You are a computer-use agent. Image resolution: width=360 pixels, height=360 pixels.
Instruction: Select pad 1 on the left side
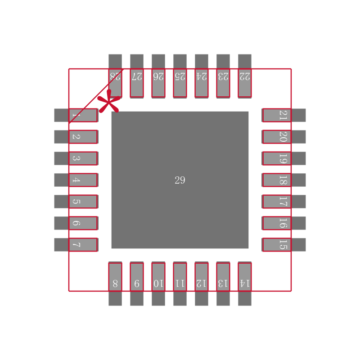pyautogui.click(x=76, y=115)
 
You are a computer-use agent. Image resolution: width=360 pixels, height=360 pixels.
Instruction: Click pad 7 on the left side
pyautogui.click(x=76, y=245)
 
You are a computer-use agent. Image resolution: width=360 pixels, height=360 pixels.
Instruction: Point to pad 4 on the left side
pyautogui.click(x=76, y=180)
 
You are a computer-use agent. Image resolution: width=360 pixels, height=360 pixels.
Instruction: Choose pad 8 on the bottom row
pyautogui.click(x=115, y=283)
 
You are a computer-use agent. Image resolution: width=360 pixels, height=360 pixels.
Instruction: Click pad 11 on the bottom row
pyautogui.click(x=180, y=283)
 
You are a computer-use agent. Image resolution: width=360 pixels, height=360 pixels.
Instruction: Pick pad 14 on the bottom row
pyautogui.click(x=245, y=283)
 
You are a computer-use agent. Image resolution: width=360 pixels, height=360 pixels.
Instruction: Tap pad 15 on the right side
pyautogui.click(x=284, y=245)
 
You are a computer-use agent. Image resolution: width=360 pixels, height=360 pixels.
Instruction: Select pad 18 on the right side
pyautogui.click(x=284, y=180)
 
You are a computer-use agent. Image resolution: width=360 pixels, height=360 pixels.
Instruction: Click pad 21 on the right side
pyautogui.click(x=284, y=115)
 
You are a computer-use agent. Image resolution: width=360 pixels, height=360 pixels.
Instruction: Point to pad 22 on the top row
pyautogui.click(x=245, y=76)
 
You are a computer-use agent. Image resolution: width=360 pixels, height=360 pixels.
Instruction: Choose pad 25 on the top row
pyautogui.click(x=180, y=76)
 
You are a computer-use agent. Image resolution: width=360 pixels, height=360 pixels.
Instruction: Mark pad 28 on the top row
pyautogui.click(x=115, y=76)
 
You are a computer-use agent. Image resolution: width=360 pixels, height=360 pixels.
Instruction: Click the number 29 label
pyautogui.click(x=180, y=180)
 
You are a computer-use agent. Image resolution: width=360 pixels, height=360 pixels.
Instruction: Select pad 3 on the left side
pyautogui.click(x=76, y=158)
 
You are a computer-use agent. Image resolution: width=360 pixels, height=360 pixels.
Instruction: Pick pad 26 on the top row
pyautogui.click(x=158, y=76)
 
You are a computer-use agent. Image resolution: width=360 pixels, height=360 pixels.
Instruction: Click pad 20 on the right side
pyautogui.click(x=284, y=137)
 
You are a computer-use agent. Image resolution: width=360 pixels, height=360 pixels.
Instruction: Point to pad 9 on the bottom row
pyautogui.click(x=137, y=283)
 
